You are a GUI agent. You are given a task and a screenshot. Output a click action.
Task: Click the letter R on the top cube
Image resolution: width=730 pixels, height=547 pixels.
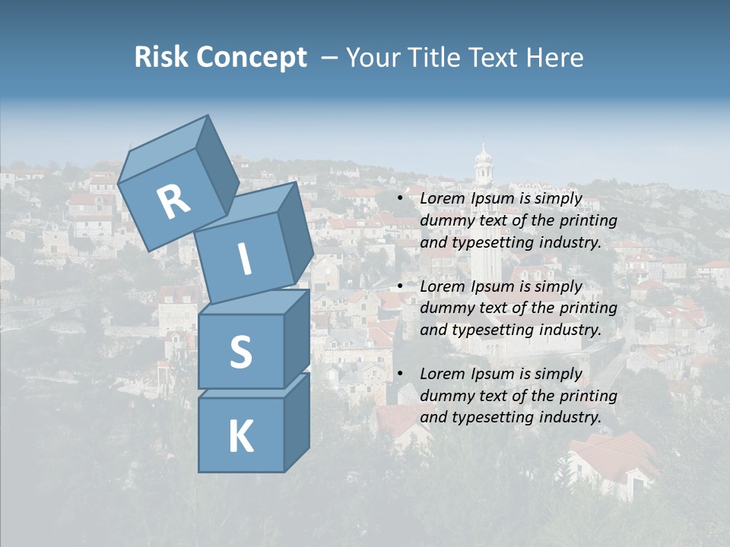[x=173, y=202]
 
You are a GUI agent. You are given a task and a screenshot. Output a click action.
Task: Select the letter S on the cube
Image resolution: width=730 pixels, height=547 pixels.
[x=240, y=352]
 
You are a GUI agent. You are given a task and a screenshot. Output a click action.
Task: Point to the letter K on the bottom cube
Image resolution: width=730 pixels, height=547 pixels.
[x=240, y=437]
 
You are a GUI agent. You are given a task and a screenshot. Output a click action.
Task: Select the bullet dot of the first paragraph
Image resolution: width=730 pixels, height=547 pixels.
[x=401, y=199]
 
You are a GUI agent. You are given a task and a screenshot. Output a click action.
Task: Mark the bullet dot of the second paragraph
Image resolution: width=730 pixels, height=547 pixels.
[x=401, y=286]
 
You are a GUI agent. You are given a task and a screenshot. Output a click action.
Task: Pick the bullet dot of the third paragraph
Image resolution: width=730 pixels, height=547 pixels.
[x=401, y=374]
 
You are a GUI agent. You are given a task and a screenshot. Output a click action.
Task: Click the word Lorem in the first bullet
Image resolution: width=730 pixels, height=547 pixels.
[x=443, y=199]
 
